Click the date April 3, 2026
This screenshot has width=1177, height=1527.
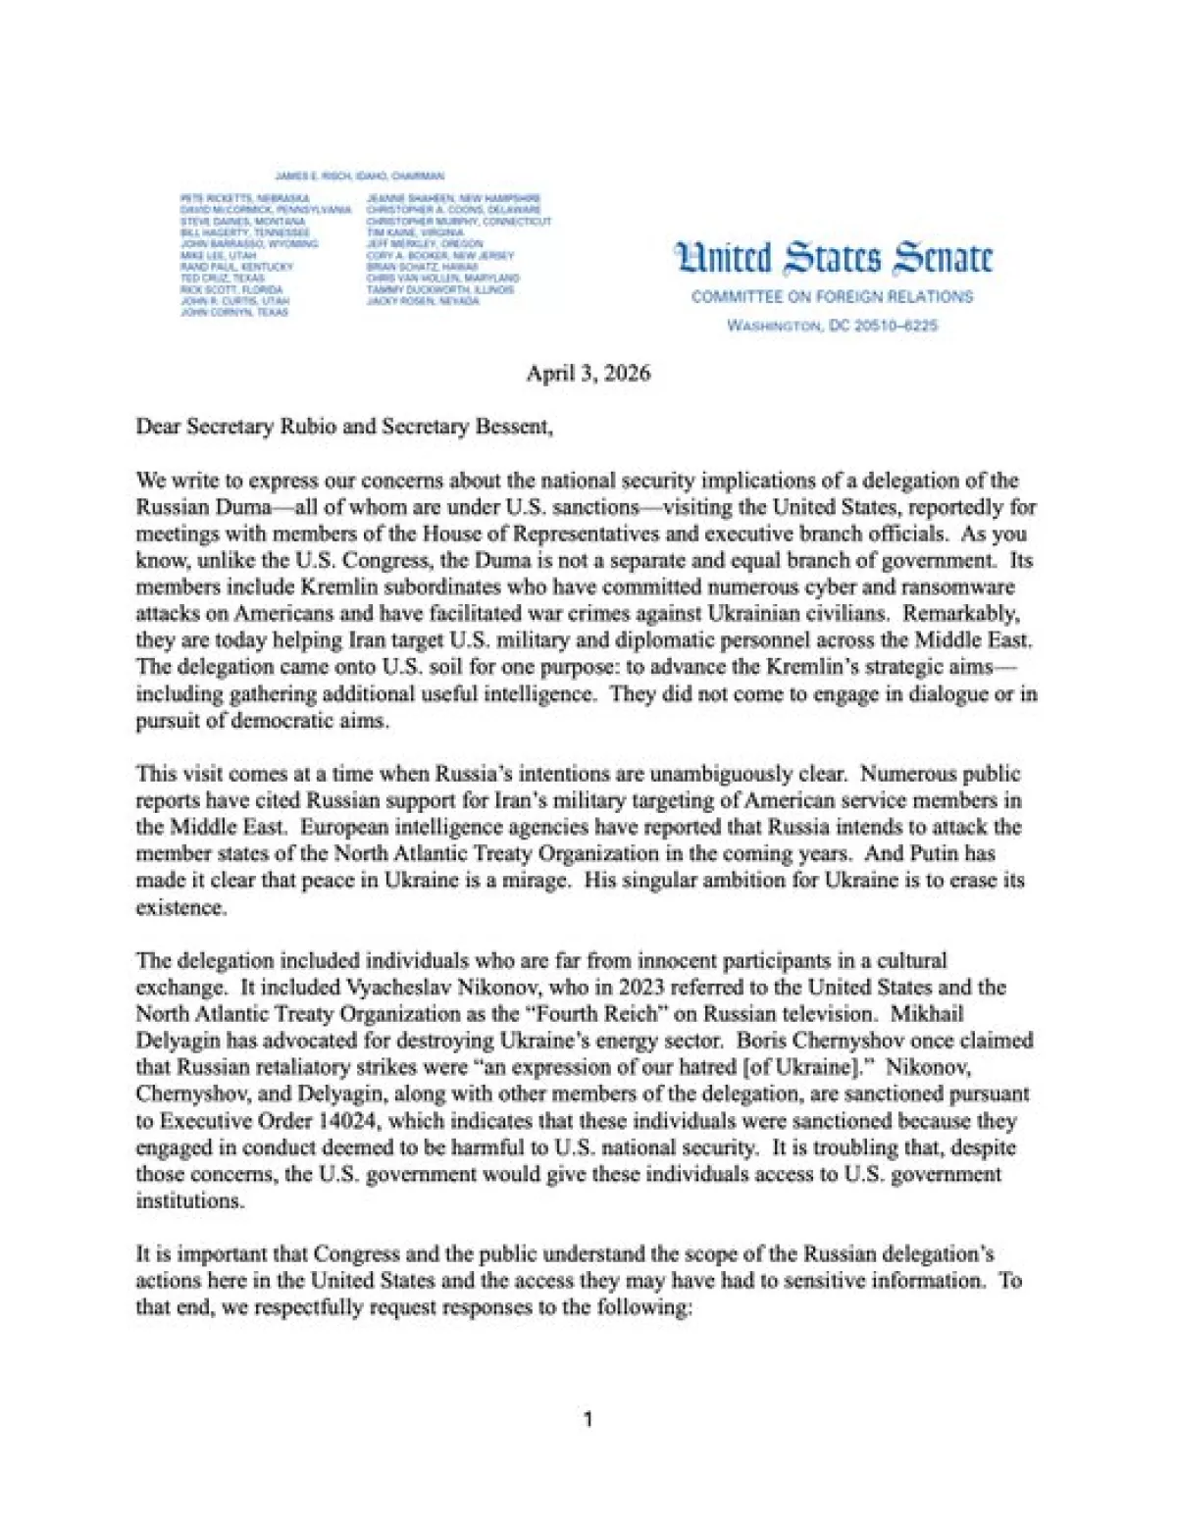(x=588, y=374)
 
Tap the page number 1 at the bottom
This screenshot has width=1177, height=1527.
(x=588, y=1419)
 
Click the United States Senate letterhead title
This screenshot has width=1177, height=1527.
(x=833, y=257)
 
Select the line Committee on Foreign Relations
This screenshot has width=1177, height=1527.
(x=832, y=297)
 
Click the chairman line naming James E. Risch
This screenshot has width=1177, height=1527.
(x=359, y=177)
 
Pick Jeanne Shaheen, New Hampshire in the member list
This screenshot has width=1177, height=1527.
(x=453, y=198)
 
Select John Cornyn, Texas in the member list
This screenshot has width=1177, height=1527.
(x=234, y=313)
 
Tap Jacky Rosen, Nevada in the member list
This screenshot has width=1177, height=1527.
(x=423, y=301)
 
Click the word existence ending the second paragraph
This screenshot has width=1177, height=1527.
(x=180, y=907)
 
